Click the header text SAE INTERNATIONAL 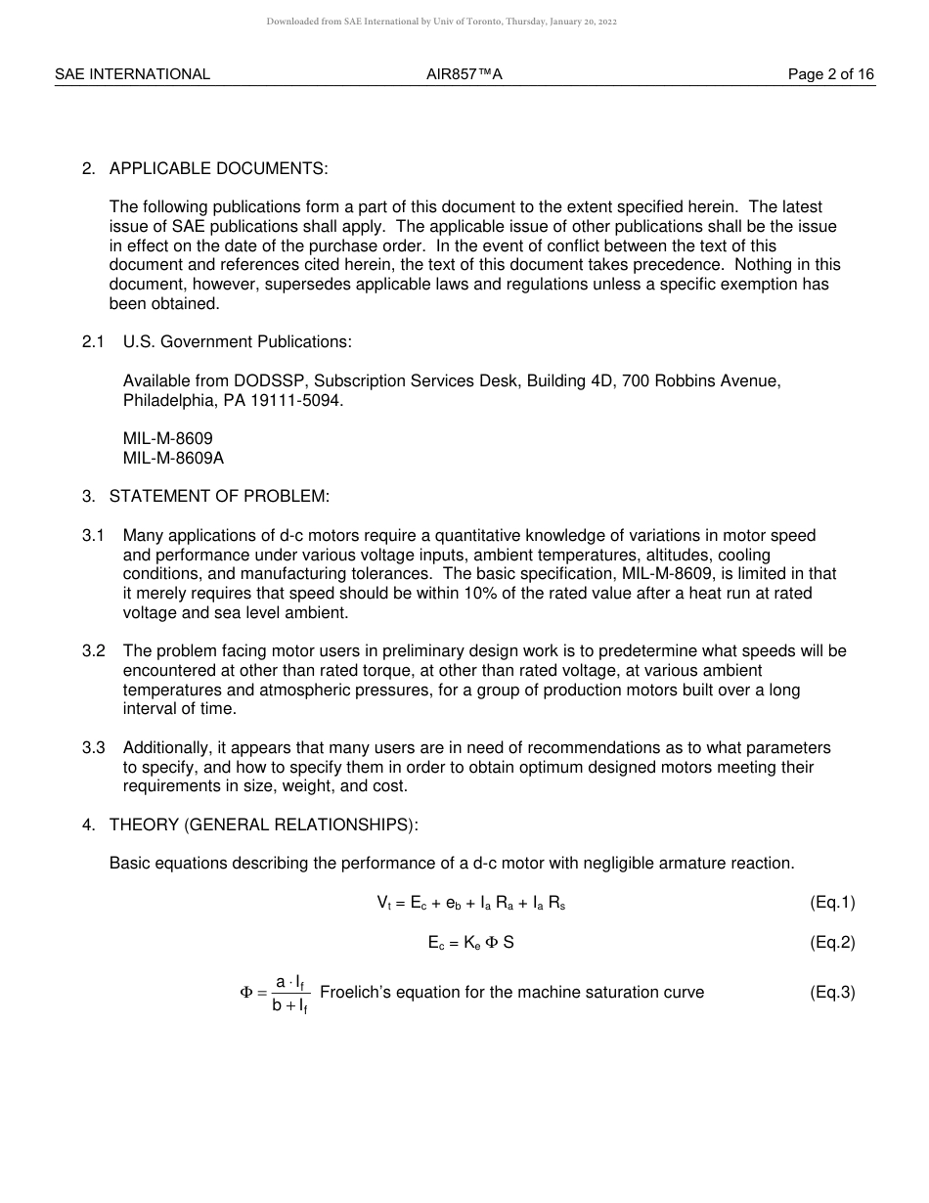[x=132, y=74]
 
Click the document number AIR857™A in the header [x=464, y=74]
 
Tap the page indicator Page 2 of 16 [x=831, y=74]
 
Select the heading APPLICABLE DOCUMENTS [x=218, y=168]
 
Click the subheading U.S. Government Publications [x=237, y=341]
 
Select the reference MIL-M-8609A [x=173, y=458]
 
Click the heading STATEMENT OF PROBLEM [x=219, y=496]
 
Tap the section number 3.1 [x=93, y=535]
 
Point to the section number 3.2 [x=93, y=650]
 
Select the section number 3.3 [x=93, y=747]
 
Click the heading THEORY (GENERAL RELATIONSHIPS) [x=263, y=824]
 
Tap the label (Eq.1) [x=832, y=903]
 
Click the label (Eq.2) [x=832, y=942]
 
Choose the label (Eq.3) [x=832, y=992]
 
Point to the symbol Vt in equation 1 [x=383, y=904]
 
